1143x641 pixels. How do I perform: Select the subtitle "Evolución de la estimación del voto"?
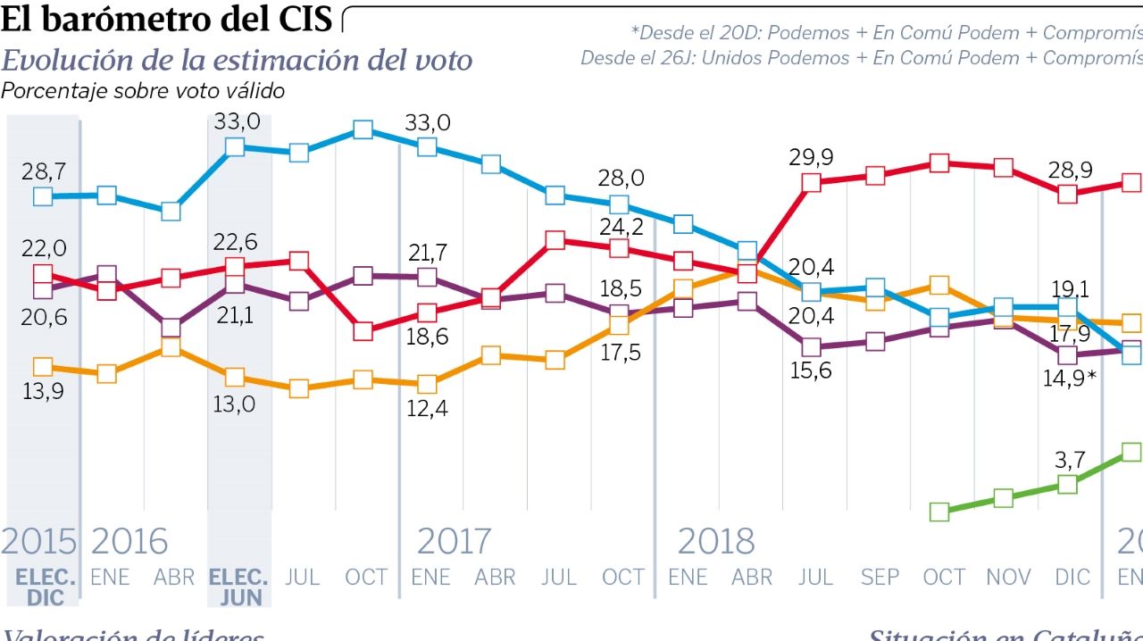pos(237,60)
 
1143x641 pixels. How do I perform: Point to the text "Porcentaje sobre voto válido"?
pos(143,90)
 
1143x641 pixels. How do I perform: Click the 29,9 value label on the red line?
pos(811,157)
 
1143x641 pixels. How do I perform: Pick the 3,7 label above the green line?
pos(1069,460)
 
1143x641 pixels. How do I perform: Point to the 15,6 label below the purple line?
pos(811,370)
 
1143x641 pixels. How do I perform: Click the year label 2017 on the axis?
pos(454,542)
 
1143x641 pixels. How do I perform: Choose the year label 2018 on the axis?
pos(715,542)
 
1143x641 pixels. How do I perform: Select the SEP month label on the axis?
pos(880,578)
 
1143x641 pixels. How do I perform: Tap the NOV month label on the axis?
pos(1008,578)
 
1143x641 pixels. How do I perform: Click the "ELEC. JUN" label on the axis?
pos(238,586)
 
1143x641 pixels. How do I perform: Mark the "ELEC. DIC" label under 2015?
pos(45,586)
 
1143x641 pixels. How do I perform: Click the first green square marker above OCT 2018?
pos(939,512)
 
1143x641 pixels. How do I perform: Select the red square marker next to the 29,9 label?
pos(811,183)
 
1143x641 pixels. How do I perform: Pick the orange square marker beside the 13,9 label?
pos(42,367)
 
